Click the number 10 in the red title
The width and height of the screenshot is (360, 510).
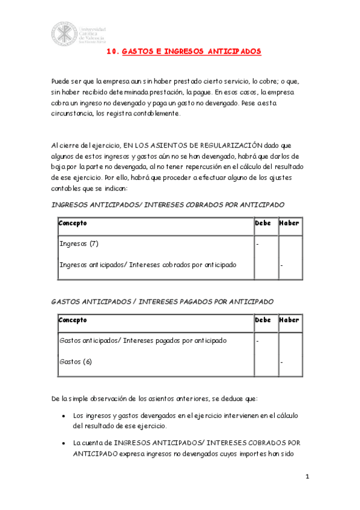click(x=112, y=52)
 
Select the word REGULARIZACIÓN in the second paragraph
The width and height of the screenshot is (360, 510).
click(x=233, y=145)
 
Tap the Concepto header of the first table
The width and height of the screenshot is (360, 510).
click(x=73, y=223)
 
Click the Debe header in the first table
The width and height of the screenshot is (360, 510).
click(x=263, y=223)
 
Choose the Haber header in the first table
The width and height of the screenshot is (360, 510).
click(x=289, y=223)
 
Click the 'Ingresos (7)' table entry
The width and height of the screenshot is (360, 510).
click(x=79, y=244)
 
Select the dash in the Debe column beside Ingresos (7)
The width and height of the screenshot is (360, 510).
click(x=257, y=244)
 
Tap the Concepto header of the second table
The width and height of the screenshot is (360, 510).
click(x=73, y=321)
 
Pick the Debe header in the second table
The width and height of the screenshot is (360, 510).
click(x=263, y=321)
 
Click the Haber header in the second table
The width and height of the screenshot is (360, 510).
click(x=289, y=321)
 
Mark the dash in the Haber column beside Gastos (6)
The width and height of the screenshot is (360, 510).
click(x=281, y=362)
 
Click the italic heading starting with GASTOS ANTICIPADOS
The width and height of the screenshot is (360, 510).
click(x=162, y=301)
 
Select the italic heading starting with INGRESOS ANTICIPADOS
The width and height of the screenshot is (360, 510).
click(x=168, y=204)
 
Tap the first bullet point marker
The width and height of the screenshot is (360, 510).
click(x=64, y=416)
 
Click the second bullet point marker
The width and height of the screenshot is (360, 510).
click(x=64, y=443)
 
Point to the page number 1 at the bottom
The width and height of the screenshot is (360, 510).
click(x=307, y=478)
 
